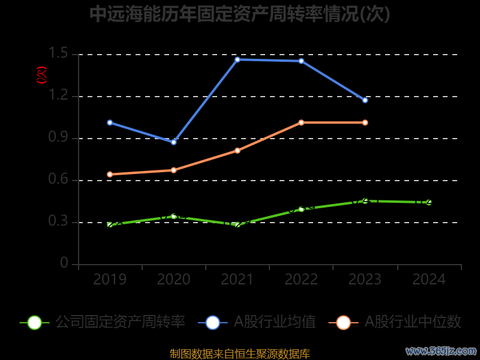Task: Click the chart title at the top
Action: pos(240,14)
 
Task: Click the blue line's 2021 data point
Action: pos(238,59)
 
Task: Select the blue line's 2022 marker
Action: pos(301,61)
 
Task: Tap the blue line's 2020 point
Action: pos(173,142)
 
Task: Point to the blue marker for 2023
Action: pos(365,100)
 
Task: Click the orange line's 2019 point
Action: pos(110,175)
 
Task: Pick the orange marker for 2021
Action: pos(238,151)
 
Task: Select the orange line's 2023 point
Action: pos(365,122)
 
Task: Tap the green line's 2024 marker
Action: pos(429,202)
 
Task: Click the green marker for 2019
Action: pos(110,225)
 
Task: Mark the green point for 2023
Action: pos(365,200)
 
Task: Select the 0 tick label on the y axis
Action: pos(64,264)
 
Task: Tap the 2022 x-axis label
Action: pos(301,280)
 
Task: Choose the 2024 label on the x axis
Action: pos(429,280)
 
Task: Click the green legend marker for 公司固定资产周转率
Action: pos(35,322)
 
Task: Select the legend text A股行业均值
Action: pos(274,322)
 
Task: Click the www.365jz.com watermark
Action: pos(441,350)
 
